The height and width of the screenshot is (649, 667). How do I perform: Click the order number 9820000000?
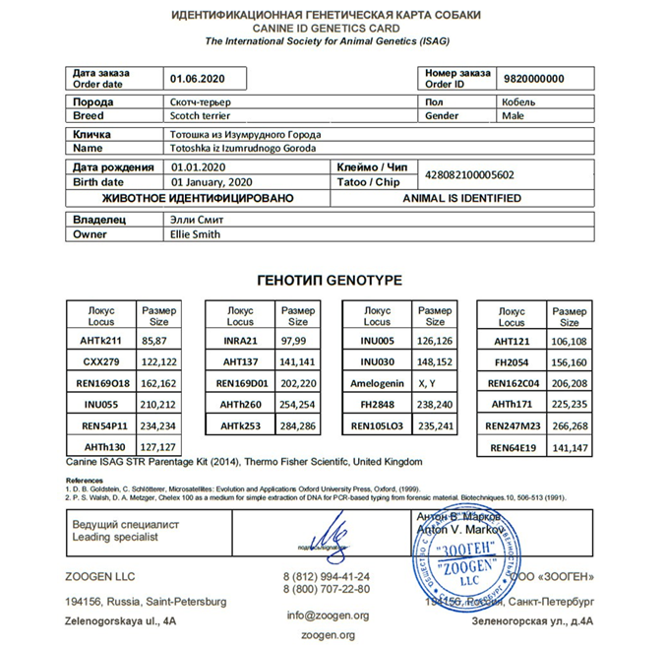[535, 79]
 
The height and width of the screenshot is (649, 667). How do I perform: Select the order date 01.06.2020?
[198, 79]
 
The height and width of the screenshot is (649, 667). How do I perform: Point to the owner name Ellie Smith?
[195, 234]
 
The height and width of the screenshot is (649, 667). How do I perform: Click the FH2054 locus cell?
[513, 361]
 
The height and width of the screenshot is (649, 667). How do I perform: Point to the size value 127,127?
[157, 446]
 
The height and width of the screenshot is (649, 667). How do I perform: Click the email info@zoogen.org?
[329, 616]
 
